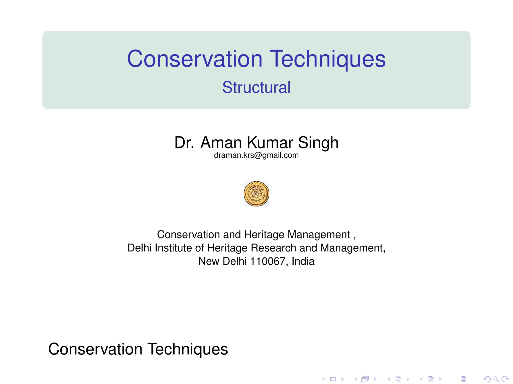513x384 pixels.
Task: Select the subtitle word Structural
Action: pos(256,87)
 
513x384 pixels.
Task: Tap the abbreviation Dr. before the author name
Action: pos(184,142)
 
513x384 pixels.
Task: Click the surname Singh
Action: pos(318,142)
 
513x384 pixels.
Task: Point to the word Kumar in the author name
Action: pos(270,142)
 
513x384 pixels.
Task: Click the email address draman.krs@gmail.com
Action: pos(256,155)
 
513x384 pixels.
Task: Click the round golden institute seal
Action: pos(256,194)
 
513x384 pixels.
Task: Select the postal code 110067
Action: pos(268,261)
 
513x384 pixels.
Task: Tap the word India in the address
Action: pos(303,261)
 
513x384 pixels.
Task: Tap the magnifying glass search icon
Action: pos(496,379)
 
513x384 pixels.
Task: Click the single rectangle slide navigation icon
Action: pos(333,379)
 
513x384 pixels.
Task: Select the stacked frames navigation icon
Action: pos(365,379)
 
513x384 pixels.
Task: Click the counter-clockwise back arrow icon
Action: pos(487,379)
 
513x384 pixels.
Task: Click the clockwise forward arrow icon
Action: pos(505,379)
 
